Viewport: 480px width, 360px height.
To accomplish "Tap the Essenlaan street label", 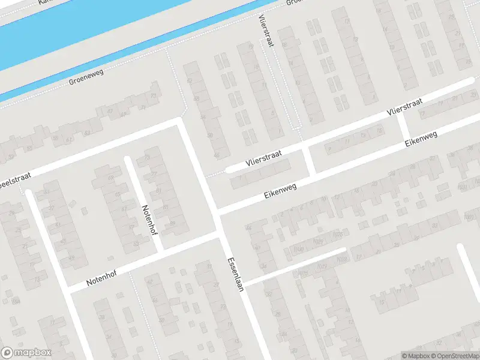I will (x=235, y=275).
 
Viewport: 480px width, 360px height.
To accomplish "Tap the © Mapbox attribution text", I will (x=414, y=355).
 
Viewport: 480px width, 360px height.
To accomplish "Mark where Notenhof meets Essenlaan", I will (x=221, y=235).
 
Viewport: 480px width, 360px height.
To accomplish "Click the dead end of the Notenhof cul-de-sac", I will (x=127, y=159).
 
